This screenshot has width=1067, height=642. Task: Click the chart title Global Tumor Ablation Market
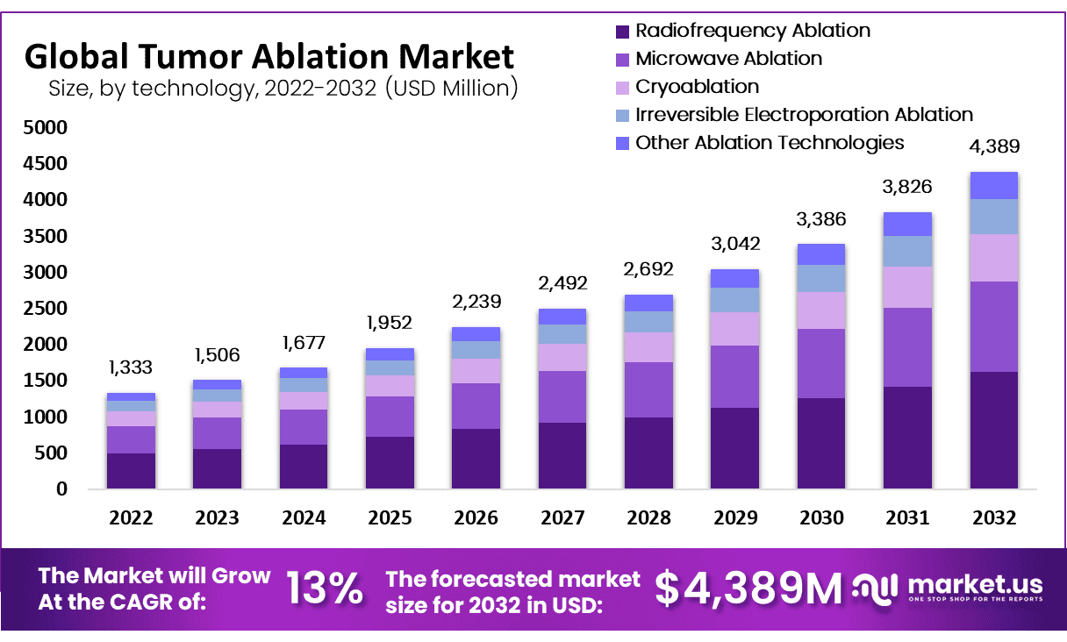(x=269, y=56)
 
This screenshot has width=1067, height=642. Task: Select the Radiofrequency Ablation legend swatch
(x=622, y=32)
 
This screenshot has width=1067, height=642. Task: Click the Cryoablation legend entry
(x=697, y=87)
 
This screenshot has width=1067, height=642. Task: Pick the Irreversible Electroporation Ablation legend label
(x=804, y=115)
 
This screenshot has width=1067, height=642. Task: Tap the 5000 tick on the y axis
(x=45, y=128)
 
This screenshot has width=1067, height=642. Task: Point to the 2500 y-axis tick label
(x=45, y=309)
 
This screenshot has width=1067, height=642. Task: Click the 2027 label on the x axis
(x=562, y=518)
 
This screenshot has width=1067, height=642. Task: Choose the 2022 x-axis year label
(x=131, y=518)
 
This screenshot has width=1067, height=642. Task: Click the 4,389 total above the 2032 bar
(x=995, y=146)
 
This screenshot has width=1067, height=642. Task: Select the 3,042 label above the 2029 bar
(x=735, y=244)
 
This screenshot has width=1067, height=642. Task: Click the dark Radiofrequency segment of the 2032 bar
(x=993, y=430)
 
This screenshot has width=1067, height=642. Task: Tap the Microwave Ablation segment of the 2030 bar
(x=821, y=363)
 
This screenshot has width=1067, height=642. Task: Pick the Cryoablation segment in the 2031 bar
(x=907, y=287)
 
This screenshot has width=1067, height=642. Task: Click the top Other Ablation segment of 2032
(x=993, y=185)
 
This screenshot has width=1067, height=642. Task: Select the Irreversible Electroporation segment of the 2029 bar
(x=735, y=300)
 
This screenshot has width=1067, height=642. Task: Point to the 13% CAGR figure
(x=325, y=589)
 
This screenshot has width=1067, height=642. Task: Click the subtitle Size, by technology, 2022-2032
(x=283, y=88)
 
